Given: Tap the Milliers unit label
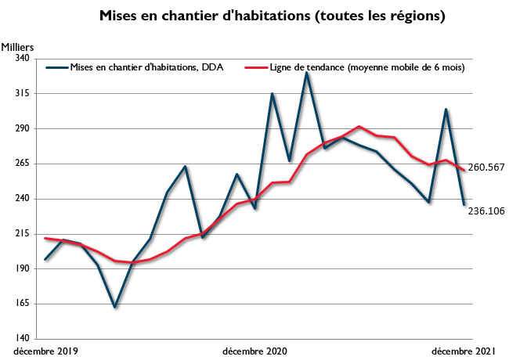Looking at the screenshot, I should [18, 46].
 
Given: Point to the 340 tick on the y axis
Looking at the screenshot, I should [20, 59].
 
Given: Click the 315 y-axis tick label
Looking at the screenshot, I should [20, 94].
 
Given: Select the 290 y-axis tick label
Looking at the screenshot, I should [20, 128].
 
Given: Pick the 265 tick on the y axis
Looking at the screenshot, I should [20, 164].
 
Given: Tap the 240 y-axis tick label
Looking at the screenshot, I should [20, 199].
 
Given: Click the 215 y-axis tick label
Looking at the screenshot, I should [20, 234].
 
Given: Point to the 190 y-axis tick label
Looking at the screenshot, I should [20, 269].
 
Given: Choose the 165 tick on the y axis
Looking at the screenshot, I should [20, 304].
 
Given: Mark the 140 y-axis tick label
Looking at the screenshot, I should [20, 339].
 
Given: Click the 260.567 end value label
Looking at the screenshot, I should [486, 167].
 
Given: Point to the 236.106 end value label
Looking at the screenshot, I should [486, 211].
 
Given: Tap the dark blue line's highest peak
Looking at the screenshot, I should [306, 73].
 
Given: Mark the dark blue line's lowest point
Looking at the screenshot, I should [114, 307].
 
